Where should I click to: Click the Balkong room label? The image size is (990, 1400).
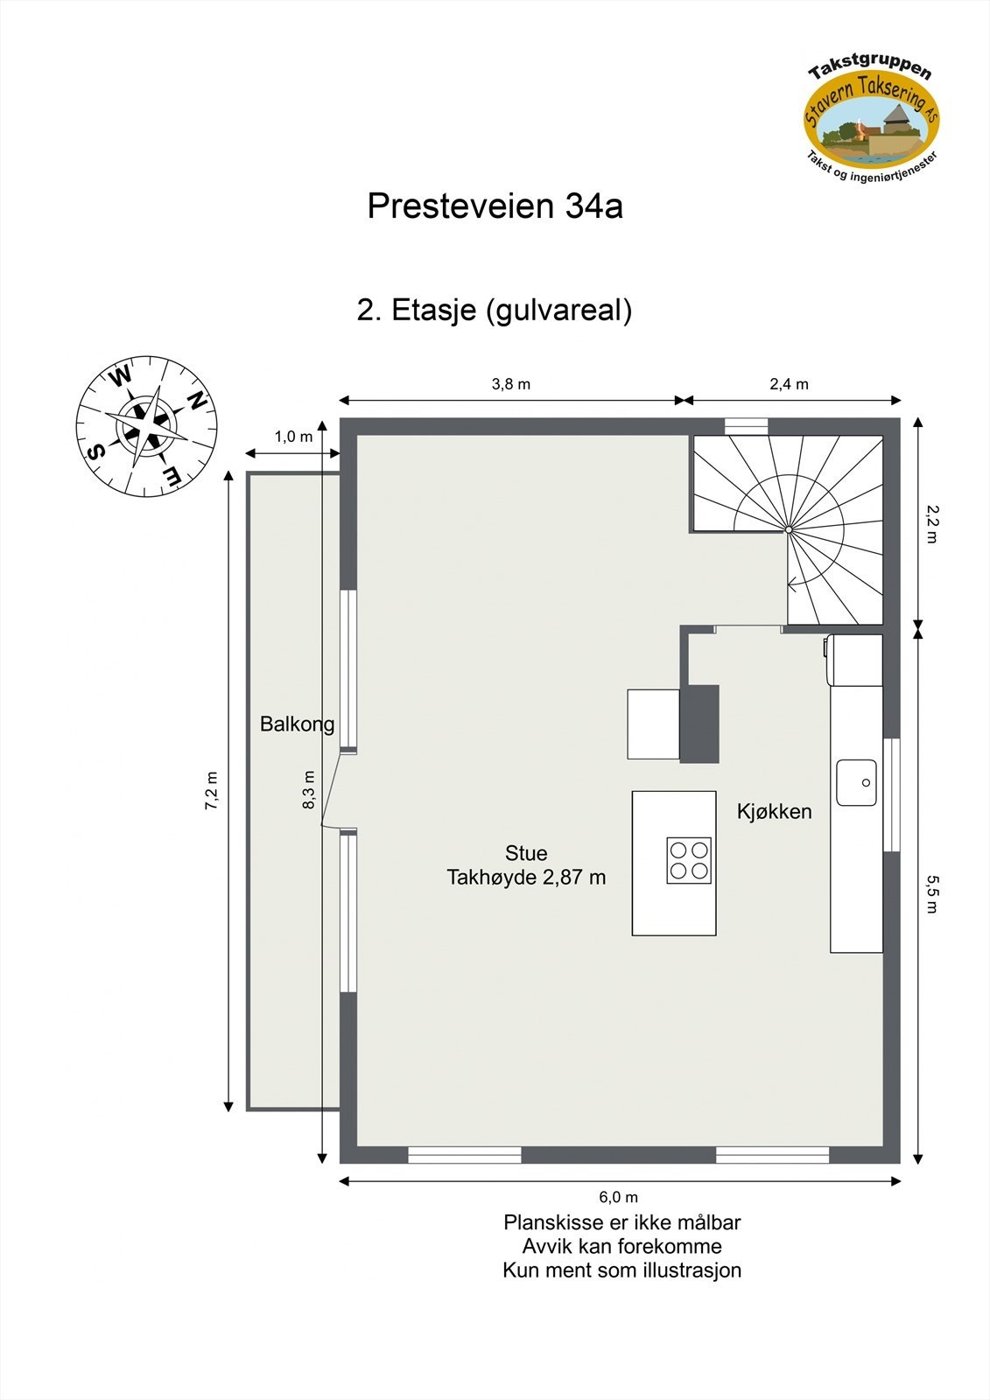click(297, 724)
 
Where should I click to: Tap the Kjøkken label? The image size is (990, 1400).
click(774, 812)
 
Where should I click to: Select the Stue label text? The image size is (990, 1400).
click(526, 853)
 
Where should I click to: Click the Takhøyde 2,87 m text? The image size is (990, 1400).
click(526, 878)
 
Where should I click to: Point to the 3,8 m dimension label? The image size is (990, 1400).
click(510, 384)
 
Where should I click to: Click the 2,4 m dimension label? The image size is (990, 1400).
click(789, 384)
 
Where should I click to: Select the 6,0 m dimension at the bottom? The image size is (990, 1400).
click(618, 1197)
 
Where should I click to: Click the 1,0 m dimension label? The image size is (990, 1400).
click(293, 437)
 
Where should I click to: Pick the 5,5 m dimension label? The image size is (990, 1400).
click(930, 894)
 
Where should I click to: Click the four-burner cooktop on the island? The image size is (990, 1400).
click(689, 860)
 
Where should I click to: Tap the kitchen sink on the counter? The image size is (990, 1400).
click(856, 782)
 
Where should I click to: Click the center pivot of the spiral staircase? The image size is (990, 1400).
click(788, 529)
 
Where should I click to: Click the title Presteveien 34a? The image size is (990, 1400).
click(495, 206)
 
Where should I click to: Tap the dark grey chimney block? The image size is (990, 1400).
click(699, 724)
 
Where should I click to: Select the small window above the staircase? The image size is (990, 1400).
click(746, 426)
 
